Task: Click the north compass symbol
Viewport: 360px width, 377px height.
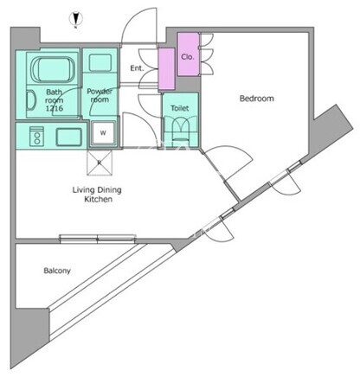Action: [x=76, y=19]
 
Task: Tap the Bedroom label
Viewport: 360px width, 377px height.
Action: [x=257, y=99]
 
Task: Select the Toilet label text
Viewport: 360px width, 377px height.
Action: [x=180, y=108]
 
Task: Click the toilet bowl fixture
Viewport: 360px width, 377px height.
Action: [x=181, y=128]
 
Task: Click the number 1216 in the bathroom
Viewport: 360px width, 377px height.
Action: [x=54, y=108]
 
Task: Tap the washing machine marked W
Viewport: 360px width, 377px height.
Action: [x=103, y=133]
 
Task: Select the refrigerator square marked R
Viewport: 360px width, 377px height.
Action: [x=100, y=163]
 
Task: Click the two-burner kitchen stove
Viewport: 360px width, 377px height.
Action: [x=37, y=137]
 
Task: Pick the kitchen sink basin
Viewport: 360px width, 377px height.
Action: [x=69, y=137]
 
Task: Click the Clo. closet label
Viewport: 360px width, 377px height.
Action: [x=188, y=57]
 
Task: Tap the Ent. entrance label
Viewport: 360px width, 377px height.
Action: [x=137, y=68]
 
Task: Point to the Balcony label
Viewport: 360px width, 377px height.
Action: [x=57, y=271]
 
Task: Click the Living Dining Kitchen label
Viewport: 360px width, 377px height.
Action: [x=97, y=195]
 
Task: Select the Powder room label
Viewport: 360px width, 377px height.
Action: [x=100, y=95]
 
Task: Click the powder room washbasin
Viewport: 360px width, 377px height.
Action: [x=100, y=62]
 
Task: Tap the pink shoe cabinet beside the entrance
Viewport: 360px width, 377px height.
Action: [x=167, y=69]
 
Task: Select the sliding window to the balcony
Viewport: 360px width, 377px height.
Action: [x=98, y=239]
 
